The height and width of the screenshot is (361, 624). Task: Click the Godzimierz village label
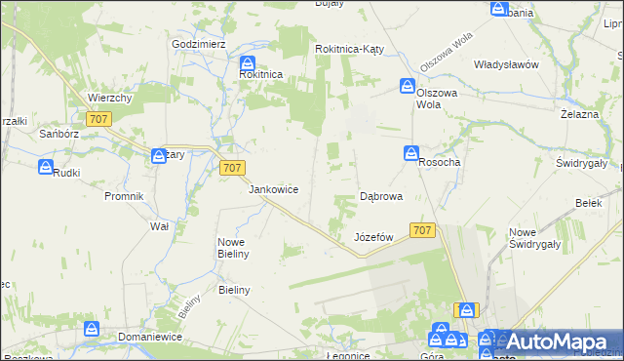199,45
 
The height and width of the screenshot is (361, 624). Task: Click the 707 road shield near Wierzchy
98,119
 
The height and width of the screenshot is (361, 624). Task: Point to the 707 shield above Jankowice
231,168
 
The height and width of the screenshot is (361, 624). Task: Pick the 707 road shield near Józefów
421,230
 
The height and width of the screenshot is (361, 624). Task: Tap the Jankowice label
273,189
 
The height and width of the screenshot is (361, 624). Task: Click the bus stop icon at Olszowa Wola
407,87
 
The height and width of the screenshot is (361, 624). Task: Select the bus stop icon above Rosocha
411,154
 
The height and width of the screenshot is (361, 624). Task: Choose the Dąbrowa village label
381,196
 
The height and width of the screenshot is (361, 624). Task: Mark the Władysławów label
506,64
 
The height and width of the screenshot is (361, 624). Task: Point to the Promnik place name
124,196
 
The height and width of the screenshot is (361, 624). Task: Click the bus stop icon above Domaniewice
92,329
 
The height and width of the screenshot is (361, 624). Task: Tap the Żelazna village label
578,114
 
